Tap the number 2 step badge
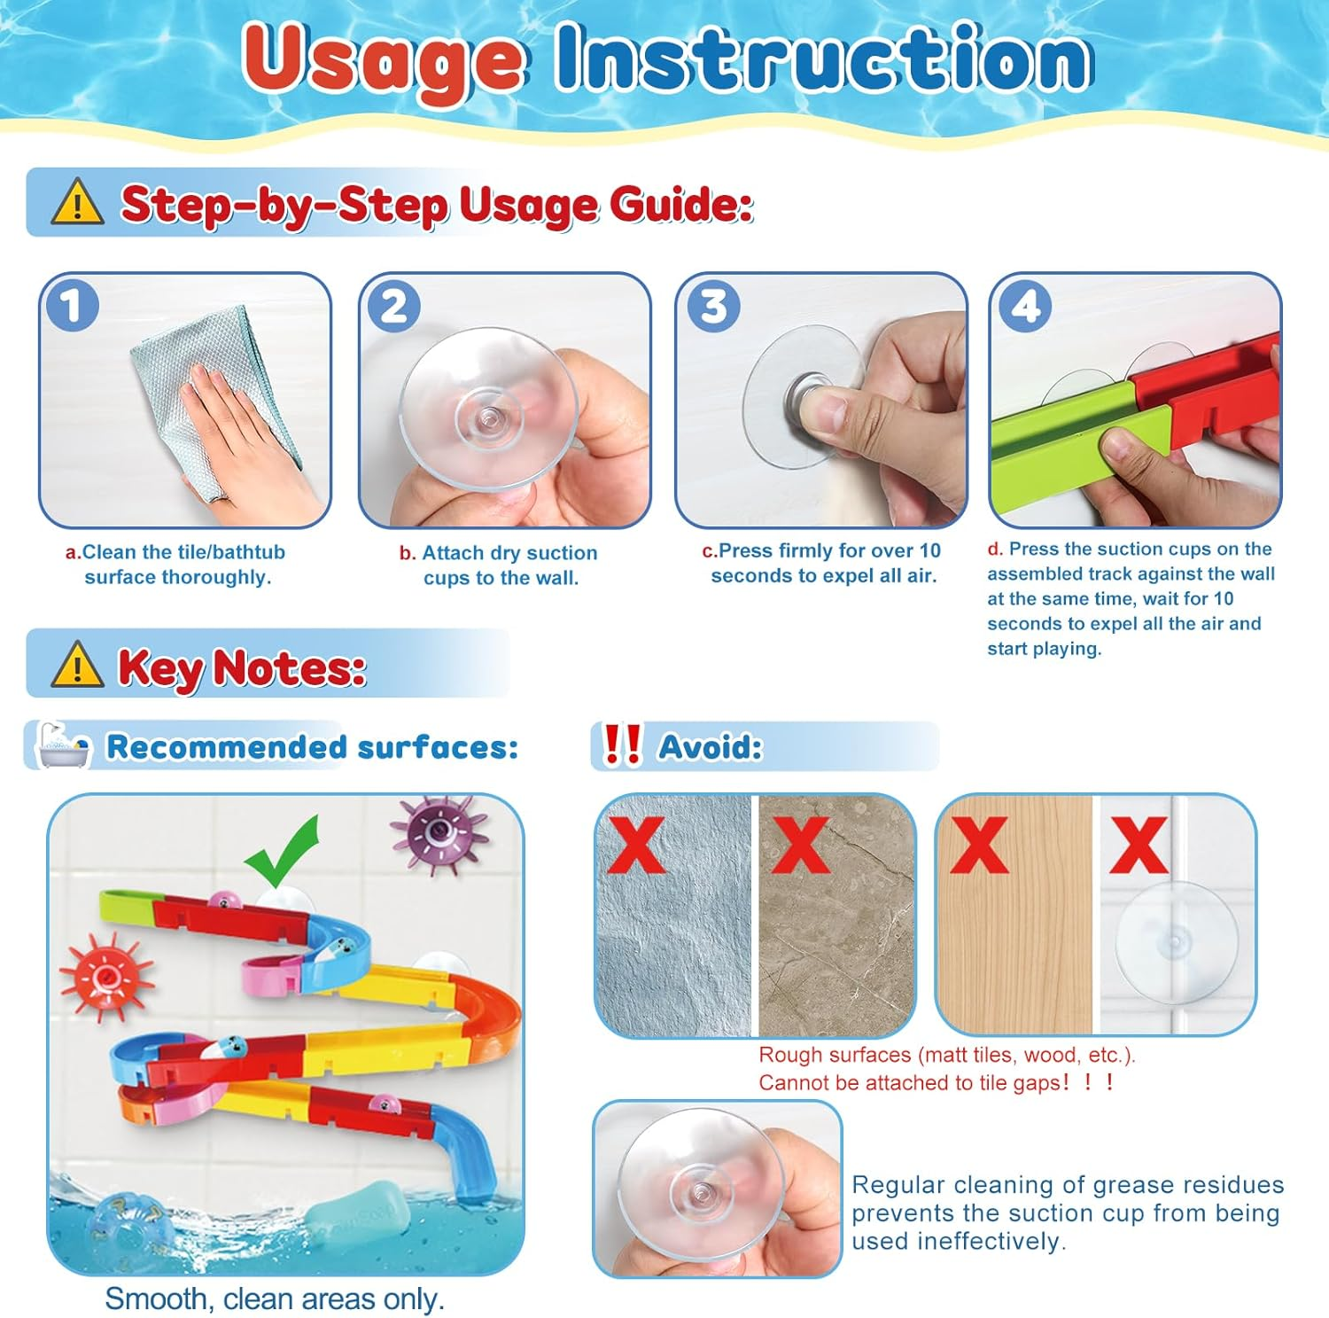click(393, 306)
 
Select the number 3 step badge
click(713, 306)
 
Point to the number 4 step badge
click(1025, 306)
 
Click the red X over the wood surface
click(978, 845)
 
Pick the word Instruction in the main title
click(823, 57)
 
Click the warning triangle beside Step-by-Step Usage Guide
click(77, 202)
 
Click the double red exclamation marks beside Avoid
click(622, 745)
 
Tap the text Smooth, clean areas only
click(275, 1299)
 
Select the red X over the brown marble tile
click(800, 845)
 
